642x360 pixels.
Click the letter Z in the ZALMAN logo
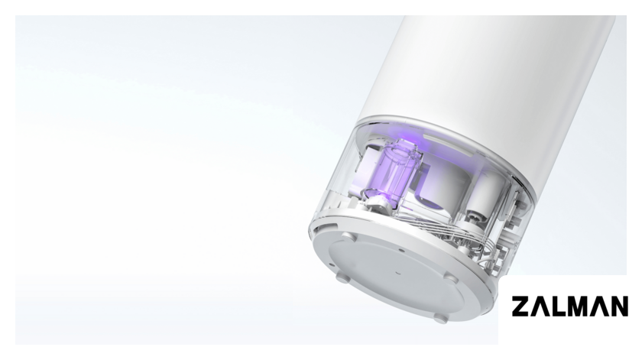[521, 306]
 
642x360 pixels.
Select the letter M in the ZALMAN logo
[577, 306]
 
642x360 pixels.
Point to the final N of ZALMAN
[618, 306]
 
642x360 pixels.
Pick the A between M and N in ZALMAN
[598, 307]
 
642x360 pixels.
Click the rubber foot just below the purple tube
[348, 237]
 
